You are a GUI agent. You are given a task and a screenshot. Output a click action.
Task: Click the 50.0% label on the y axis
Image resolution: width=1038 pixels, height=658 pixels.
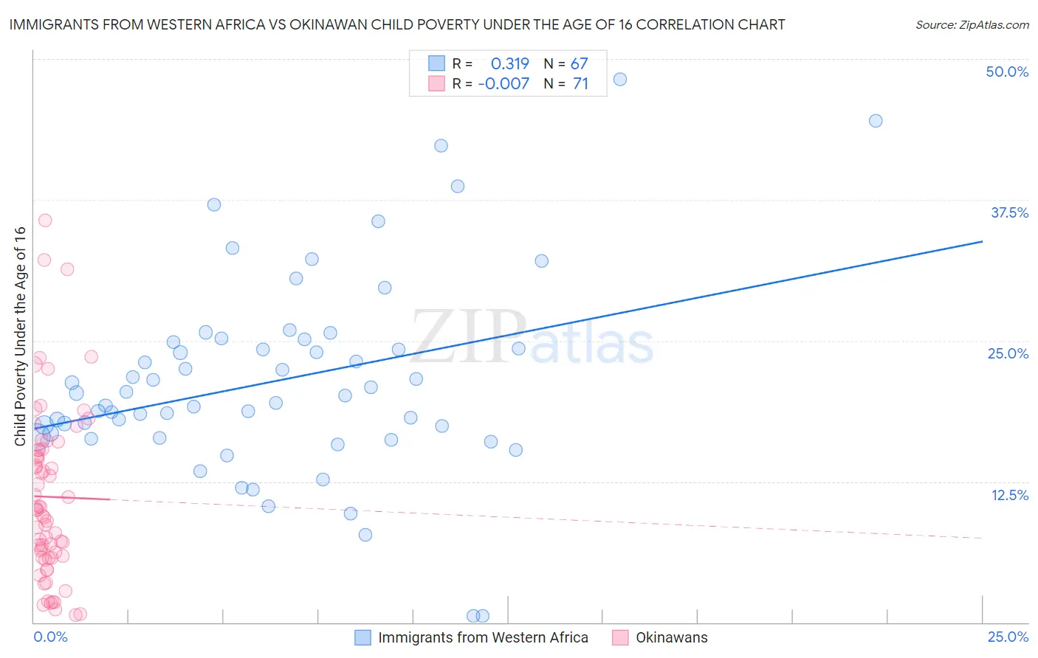[1006, 72]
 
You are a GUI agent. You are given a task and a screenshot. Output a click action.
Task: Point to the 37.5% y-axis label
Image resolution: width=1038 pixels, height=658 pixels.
[1009, 212]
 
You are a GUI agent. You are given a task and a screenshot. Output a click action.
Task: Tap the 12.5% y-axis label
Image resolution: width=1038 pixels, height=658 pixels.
[1009, 495]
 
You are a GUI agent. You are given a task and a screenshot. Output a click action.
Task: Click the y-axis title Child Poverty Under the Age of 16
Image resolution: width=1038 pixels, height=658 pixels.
[20, 336]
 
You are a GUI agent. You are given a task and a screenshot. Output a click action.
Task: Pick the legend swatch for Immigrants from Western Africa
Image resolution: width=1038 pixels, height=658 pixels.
[362, 637]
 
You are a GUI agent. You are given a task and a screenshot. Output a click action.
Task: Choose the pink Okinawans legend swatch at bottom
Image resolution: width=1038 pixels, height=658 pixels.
[620, 637]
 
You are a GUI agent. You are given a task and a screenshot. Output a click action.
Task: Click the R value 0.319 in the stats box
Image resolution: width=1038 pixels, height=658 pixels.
[510, 64]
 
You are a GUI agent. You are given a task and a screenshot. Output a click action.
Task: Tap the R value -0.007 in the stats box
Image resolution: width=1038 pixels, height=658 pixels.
[503, 84]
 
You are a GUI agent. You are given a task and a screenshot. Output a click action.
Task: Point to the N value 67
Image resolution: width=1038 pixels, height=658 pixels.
[579, 64]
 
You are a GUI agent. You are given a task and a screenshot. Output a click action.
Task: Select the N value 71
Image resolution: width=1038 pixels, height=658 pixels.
[580, 84]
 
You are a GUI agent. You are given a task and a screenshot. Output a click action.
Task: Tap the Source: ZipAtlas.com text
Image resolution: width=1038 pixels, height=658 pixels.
[972, 24]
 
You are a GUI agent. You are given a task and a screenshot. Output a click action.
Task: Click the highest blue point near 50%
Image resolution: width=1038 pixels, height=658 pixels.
[620, 79]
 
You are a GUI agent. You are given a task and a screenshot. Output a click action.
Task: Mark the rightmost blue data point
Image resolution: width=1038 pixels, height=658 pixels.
[876, 121]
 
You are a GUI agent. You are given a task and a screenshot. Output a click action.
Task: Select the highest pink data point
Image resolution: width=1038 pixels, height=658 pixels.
[45, 220]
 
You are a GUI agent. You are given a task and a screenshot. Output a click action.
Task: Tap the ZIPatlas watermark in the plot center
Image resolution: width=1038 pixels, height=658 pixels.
[532, 338]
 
